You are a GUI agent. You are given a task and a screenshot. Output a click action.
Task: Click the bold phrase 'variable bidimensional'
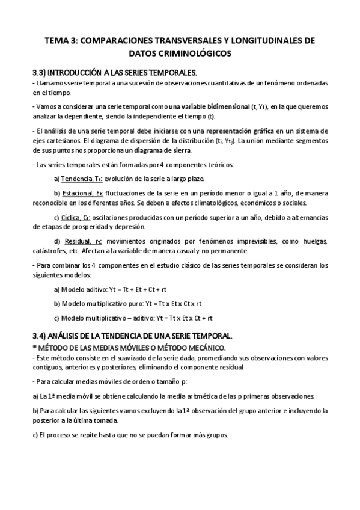coord(209,106)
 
